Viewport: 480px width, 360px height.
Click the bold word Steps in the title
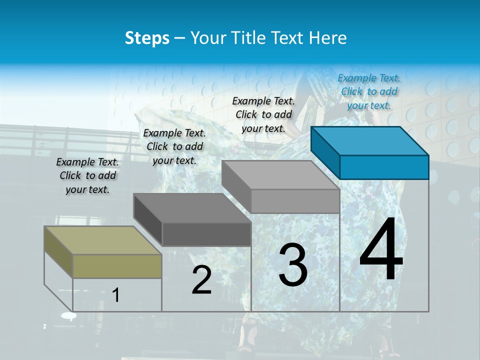click(x=146, y=38)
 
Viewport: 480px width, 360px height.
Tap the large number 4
click(x=381, y=250)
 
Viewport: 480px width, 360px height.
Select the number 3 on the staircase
click(x=293, y=265)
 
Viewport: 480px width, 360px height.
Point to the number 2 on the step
click(x=201, y=280)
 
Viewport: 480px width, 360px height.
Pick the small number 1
click(x=115, y=295)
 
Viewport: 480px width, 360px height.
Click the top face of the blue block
click(x=369, y=140)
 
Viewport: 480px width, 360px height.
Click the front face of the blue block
click(x=384, y=167)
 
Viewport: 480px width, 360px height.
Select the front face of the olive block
click(x=117, y=266)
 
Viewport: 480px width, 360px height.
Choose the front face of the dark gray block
click(x=206, y=234)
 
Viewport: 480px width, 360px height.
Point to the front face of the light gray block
click(x=295, y=201)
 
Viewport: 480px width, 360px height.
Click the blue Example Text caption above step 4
click(x=369, y=91)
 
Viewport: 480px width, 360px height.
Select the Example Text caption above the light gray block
click(x=263, y=114)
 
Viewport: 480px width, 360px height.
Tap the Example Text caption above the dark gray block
click(x=174, y=146)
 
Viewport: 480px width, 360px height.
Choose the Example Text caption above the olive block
click(x=87, y=175)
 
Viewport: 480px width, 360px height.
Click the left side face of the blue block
click(x=325, y=150)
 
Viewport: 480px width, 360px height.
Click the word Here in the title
click(x=330, y=38)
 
